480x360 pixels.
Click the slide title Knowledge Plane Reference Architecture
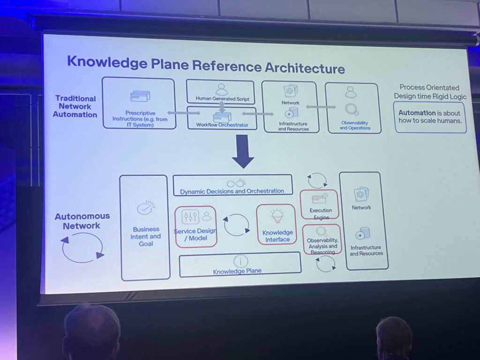coord(206,65)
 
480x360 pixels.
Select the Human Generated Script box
coord(220,92)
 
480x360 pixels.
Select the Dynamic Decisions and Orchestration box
coord(232,185)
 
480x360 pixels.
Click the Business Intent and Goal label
coord(145,237)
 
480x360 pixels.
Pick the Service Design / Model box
coord(195,227)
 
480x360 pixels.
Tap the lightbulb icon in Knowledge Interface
coord(277,216)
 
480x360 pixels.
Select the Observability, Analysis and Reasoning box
coord(322,240)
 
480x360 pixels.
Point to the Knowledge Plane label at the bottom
coord(237,271)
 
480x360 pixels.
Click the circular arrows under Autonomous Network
coord(83,247)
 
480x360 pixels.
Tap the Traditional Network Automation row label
coord(75,106)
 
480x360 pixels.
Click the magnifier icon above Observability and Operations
coord(352,110)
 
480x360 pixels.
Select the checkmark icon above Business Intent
coord(144,209)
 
